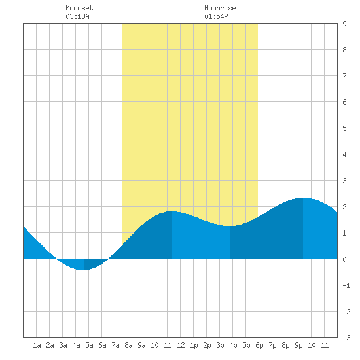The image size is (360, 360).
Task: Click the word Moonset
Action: tap(79, 8)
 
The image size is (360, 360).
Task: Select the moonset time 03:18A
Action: tap(77, 16)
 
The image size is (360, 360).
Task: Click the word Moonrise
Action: tap(220, 8)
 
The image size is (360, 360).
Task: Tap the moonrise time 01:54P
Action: tap(216, 16)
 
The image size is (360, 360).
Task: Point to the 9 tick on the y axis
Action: tap(344, 24)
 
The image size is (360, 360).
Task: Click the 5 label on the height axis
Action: tap(344, 128)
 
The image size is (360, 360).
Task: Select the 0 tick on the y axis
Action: tap(344, 259)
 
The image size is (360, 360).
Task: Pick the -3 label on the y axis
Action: tap(346, 338)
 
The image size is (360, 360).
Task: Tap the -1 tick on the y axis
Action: tap(346, 285)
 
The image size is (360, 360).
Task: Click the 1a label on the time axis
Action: tap(37, 345)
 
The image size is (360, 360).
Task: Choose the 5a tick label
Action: tap(89, 345)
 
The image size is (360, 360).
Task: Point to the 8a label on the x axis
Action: tap(128, 345)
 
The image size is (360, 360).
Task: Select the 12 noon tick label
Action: tap(181, 345)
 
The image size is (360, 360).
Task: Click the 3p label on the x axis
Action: tap(220, 345)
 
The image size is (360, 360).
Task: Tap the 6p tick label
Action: tap(259, 345)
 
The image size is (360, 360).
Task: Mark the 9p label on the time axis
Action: tap(298, 345)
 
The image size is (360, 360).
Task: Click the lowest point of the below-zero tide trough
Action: tap(84, 270)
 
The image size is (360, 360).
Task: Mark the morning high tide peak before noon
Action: tap(172, 211)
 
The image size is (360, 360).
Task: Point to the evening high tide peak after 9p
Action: tap(303, 198)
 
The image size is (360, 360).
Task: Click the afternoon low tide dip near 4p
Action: tap(230, 226)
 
